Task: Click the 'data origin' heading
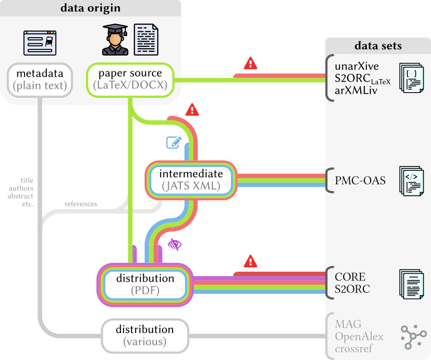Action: [90, 8]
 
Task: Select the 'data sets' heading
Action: [378, 46]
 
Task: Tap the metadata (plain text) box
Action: [40, 80]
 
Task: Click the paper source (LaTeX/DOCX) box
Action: [130, 80]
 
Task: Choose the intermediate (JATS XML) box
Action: [191, 179]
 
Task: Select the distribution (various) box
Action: [144, 335]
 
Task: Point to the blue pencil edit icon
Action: [174, 142]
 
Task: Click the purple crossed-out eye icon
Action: [175, 244]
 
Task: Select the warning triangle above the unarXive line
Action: [250, 63]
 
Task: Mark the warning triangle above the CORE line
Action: [250, 262]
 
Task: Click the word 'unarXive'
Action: [357, 66]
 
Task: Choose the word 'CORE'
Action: [350, 277]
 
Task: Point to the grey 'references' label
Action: [81, 204]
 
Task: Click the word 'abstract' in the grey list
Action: [21, 196]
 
